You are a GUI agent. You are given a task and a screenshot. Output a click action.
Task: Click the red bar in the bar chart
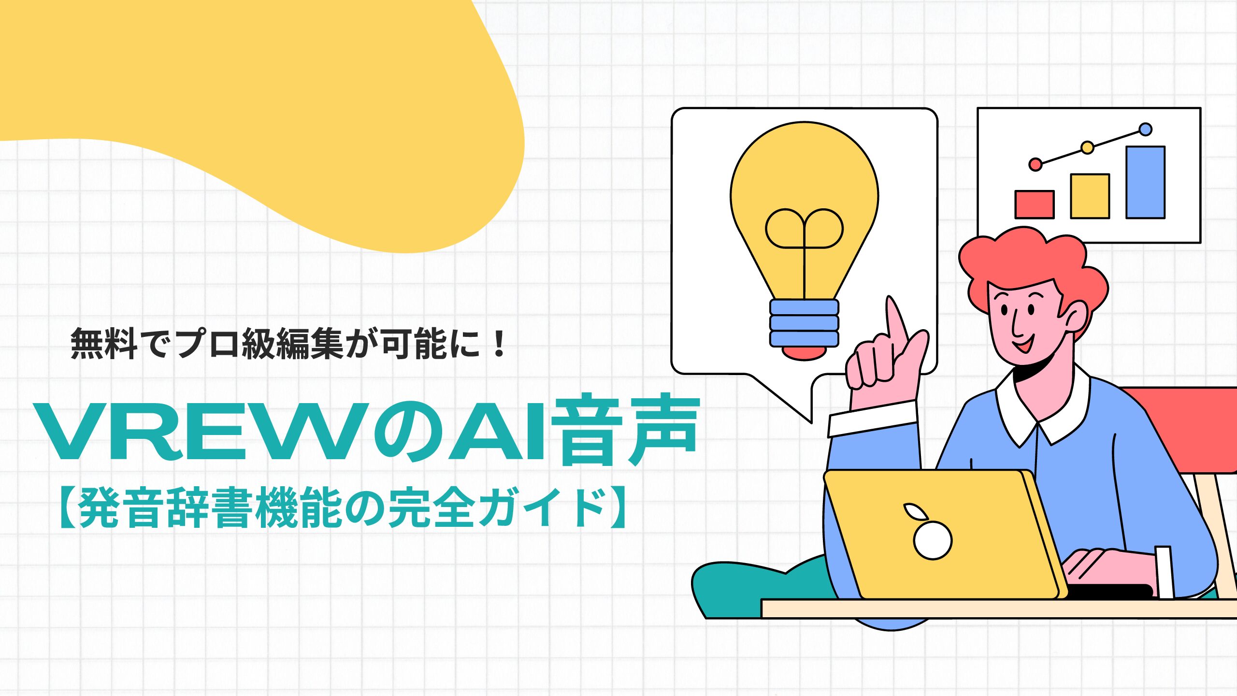(x=1034, y=204)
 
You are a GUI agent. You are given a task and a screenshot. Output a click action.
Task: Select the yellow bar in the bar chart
(x=1090, y=196)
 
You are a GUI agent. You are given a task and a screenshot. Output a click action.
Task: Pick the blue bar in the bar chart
(x=1145, y=182)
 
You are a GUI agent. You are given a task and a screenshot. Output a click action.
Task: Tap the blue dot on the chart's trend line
(x=1145, y=130)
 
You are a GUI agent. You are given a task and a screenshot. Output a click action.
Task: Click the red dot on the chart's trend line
(x=1035, y=164)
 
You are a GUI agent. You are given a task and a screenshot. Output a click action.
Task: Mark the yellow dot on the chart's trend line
(x=1087, y=147)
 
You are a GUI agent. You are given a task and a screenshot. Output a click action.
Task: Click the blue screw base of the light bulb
(x=804, y=323)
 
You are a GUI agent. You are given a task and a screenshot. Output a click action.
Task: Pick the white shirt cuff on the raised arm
(x=873, y=419)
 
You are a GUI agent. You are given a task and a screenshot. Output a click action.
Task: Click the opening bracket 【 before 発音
(x=67, y=507)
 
